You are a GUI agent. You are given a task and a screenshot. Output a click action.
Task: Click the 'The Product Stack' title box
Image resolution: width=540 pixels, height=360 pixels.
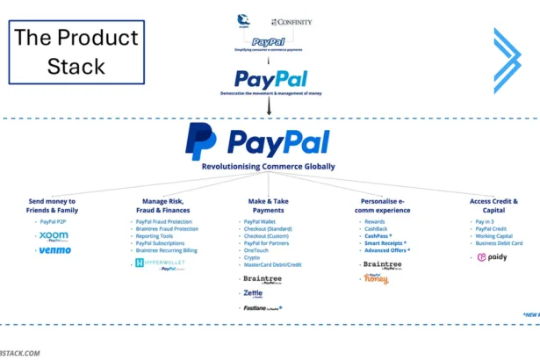pyautogui.click(x=76, y=53)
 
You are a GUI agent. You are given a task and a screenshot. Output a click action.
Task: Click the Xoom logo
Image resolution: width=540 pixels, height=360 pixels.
pyautogui.click(x=54, y=236)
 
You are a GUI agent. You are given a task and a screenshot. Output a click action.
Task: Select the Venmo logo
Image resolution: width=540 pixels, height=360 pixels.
pyautogui.click(x=55, y=251)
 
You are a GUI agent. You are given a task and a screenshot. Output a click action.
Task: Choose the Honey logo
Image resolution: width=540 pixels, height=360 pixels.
pyautogui.click(x=376, y=278)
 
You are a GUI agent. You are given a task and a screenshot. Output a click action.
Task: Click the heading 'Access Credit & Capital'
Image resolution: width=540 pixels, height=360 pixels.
pyautogui.click(x=493, y=205)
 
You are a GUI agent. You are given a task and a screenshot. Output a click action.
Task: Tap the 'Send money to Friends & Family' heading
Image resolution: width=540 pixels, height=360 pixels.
pyautogui.click(x=53, y=205)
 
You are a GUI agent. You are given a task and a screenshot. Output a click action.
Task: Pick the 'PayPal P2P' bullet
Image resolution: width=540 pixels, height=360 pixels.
pyautogui.click(x=54, y=222)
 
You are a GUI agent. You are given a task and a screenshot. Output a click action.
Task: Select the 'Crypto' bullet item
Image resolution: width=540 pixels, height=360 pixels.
pyautogui.click(x=252, y=257)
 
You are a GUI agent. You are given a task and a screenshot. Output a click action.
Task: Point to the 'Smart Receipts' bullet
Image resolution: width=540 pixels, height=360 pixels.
pyautogui.click(x=385, y=243)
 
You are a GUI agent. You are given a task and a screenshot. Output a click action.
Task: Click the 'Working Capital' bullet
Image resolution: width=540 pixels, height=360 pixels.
pyautogui.click(x=493, y=236)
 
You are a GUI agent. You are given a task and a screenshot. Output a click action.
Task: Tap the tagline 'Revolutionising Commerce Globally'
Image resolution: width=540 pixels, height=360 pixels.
pyautogui.click(x=269, y=167)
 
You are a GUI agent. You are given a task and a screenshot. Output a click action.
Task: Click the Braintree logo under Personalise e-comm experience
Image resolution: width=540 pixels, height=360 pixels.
pyautogui.click(x=383, y=263)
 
